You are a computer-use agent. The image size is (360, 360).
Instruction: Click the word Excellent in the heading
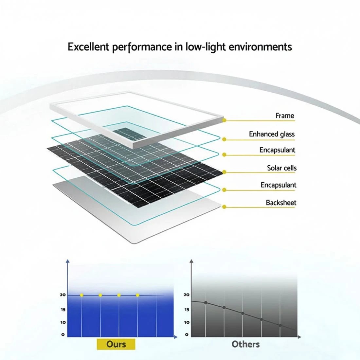coord(88,47)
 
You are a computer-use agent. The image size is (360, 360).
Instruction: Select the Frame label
coord(285,116)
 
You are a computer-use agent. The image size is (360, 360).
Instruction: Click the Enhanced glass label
coord(272,134)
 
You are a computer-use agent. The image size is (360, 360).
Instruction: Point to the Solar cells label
coord(282,168)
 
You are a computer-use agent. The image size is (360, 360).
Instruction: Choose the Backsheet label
coord(281,203)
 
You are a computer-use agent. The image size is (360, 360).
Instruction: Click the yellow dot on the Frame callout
coord(224,120)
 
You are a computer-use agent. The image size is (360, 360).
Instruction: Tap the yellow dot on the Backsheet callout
coord(224,207)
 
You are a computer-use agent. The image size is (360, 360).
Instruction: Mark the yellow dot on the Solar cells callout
coord(224,172)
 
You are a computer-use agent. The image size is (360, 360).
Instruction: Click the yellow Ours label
coord(116,344)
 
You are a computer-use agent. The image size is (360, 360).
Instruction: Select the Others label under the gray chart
coord(246,344)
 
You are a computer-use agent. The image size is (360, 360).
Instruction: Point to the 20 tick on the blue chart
coord(63,295)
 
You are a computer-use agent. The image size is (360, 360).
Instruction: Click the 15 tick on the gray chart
coord(187,310)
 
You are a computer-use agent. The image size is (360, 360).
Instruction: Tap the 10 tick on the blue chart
coord(63,322)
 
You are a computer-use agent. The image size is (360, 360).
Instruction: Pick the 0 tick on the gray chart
coord(187,334)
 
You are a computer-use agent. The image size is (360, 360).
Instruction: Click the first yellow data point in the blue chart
coord(81,295)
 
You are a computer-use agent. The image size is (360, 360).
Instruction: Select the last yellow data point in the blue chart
coord(137,295)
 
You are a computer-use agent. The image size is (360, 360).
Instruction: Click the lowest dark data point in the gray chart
coord(280,325)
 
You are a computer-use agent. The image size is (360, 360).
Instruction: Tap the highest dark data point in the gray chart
coord(206,303)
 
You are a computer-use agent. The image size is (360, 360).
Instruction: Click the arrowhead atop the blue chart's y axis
coord(67,261)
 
